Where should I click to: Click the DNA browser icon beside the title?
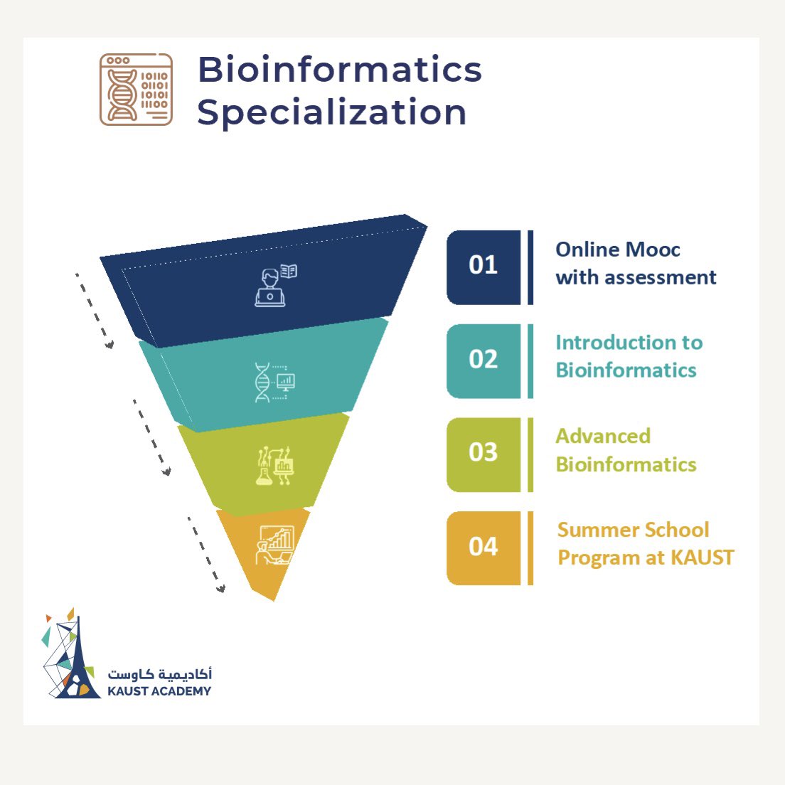coord(136,90)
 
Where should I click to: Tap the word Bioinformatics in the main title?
coord(339,70)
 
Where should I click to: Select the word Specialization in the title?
coord(331,112)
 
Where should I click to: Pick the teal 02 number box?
coord(484,361)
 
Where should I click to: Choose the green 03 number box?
coord(484,454)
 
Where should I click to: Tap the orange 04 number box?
coord(484,548)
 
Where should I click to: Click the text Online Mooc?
coord(617,250)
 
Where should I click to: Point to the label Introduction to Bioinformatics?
coord(629,356)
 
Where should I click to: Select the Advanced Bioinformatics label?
coord(626,450)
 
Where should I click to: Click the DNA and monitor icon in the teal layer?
coord(274,383)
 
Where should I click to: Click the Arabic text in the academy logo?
coord(160,673)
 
